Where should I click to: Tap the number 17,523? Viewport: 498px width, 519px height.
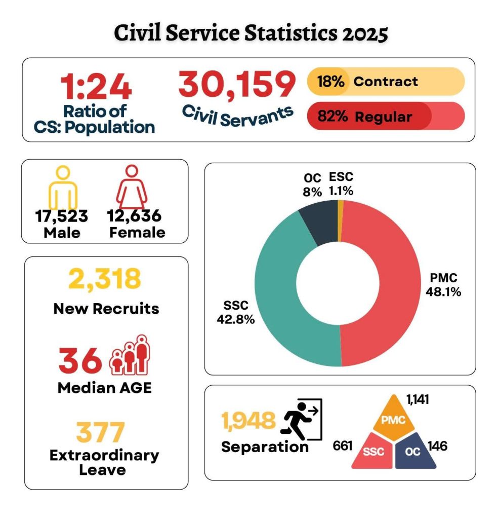[62, 216]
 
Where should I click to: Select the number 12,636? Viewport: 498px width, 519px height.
[134, 216]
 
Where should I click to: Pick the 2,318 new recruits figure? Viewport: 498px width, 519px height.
[104, 279]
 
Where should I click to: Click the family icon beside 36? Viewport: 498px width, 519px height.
[131, 355]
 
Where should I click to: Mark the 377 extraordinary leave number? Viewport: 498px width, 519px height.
[100, 432]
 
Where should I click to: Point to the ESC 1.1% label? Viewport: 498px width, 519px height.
[341, 184]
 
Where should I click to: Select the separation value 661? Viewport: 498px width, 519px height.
[343, 446]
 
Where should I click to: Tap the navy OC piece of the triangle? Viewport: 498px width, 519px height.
[414, 451]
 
